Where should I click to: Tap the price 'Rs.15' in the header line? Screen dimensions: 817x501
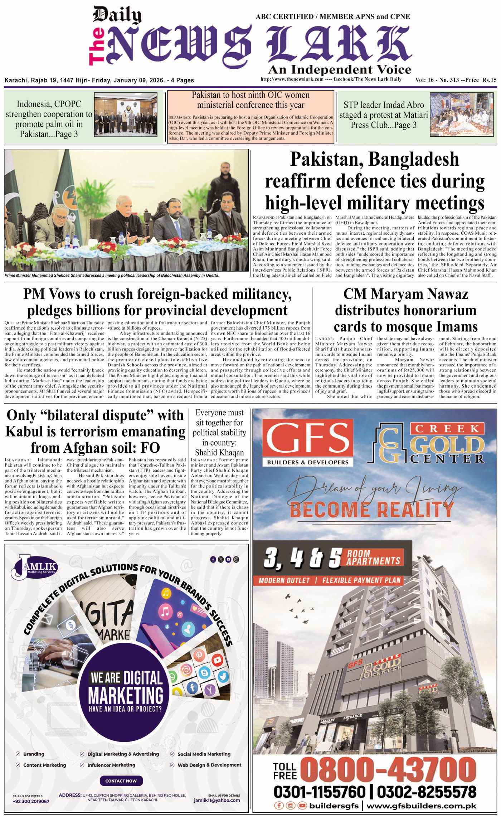click(x=489, y=80)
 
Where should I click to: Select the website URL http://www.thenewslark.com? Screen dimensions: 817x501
click(x=292, y=79)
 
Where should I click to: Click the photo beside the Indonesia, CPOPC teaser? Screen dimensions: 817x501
click(x=126, y=115)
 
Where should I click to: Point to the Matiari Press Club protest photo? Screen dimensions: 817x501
click(x=463, y=115)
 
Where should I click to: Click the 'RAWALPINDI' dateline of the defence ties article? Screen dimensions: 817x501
click(x=265, y=218)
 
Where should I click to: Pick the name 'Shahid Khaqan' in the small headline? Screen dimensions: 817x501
click(x=219, y=452)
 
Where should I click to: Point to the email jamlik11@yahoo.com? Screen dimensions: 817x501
click(x=217, y=800)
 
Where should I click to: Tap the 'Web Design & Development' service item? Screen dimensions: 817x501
click(x=209, y=765)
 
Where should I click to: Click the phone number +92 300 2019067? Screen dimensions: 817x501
click(x=31, y=801)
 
